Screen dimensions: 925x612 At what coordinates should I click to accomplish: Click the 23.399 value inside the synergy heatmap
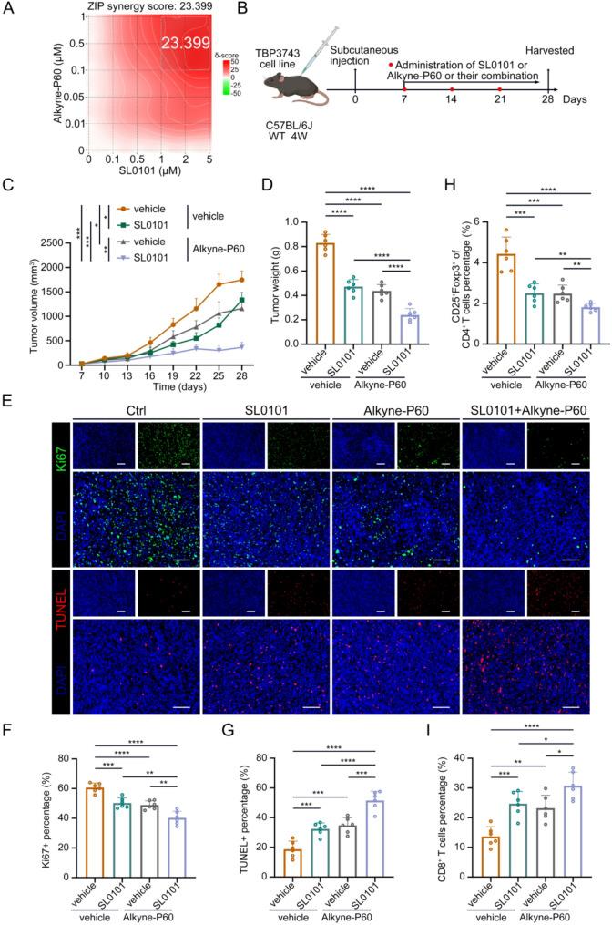click(x=187, y=43)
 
